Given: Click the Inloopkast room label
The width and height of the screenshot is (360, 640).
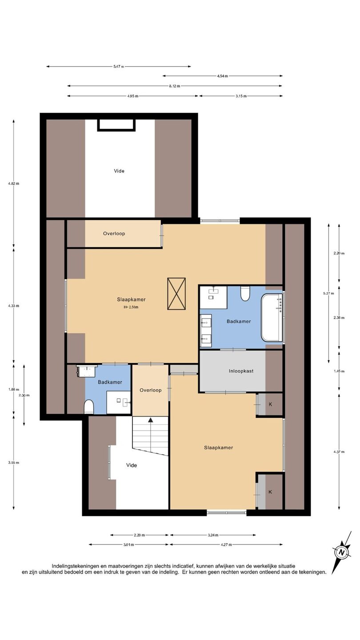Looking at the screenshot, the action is [x=241, y=371].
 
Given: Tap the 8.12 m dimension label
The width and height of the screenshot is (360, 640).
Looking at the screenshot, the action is [x=175, y=86].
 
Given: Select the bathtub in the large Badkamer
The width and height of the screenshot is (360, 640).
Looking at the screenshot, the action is [x=272, y=318].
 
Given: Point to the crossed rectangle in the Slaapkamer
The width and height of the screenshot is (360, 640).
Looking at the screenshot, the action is [x=176, y=294].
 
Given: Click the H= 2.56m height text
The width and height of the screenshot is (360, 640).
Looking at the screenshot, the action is [x=131, y=308].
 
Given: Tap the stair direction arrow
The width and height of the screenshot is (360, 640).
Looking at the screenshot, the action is [x=150, y=420].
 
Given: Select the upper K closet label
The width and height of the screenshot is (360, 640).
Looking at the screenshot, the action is [x=270, y=404].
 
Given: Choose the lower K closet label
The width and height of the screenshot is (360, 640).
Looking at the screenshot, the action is [x=270, y=492].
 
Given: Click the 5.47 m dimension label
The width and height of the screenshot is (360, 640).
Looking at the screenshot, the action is [x=119, y=67].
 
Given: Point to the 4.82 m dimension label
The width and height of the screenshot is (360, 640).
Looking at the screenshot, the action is [x=14, y=184].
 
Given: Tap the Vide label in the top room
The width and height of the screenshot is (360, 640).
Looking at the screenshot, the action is [x=119, y=171].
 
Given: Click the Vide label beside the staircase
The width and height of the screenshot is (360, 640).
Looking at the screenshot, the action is [x=132, y=465].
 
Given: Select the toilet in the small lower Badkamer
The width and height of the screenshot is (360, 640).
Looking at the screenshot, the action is [x=89, y=407].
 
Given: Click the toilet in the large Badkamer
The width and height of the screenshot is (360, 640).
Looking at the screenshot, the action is [x=245, y=294].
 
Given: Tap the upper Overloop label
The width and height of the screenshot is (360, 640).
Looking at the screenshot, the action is [x=114, y=233].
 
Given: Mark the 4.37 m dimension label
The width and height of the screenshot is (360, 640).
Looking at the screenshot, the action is [x=339, y=452].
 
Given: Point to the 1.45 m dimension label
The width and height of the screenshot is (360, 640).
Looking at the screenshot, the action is [x=339, y=371].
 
